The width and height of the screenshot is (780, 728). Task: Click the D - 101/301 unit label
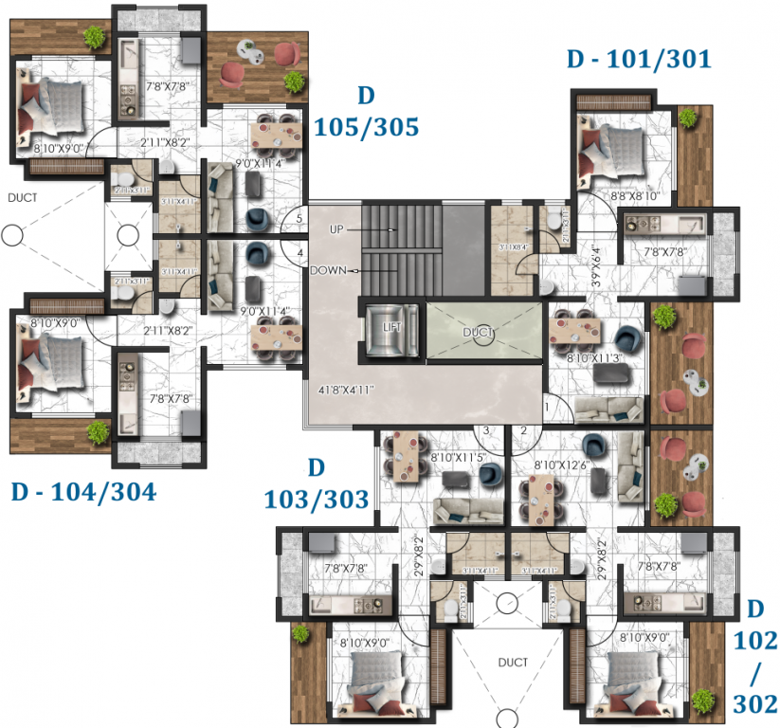click(x=638, y=60)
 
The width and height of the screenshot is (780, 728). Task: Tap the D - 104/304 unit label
click(x=82, y=492)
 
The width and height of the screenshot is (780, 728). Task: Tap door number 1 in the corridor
click(x=547, y=407)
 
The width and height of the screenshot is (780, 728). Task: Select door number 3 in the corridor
click(x=485, y=430)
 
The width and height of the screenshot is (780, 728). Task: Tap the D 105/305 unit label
click(x=367, y=111)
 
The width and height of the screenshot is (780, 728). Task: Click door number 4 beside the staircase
click(x=299, y=254)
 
